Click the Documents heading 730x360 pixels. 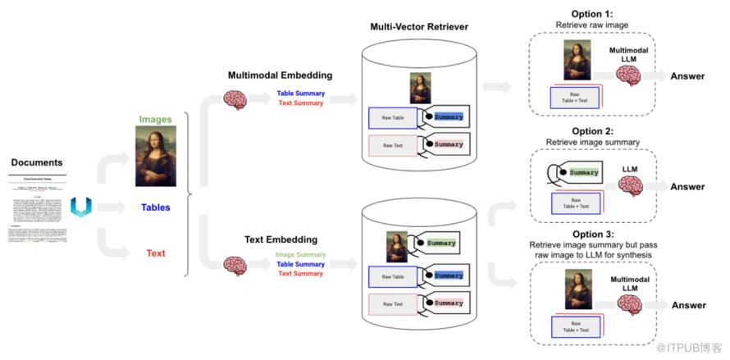point(37,162)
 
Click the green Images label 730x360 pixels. point(155,119)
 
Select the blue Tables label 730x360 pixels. point(156,207)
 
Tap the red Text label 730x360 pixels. point(156,253)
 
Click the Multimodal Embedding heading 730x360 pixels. point(280,75)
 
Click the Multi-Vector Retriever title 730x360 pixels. point(419,28)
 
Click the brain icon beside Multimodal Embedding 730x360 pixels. point(235,100)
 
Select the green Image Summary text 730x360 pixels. point(301,255)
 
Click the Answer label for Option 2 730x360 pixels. point(687,187)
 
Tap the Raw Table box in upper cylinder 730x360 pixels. point(393,118)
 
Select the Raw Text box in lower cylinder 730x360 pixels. point(393,303)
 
